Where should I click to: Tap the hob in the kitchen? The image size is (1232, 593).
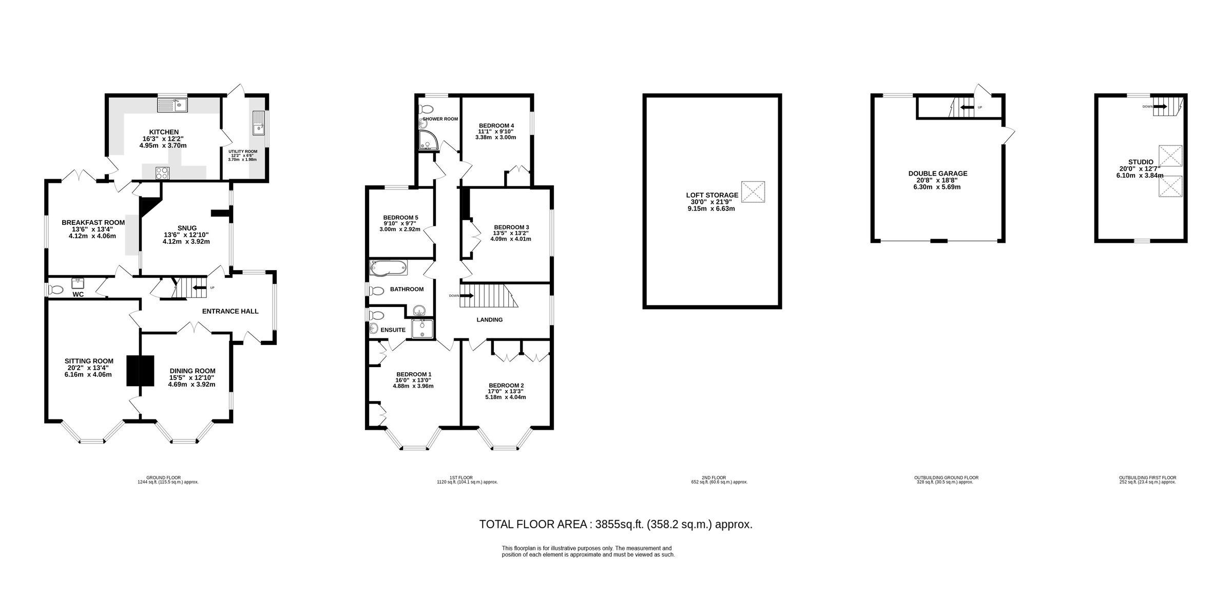[163, 173]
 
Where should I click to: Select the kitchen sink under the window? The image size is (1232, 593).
[173, 106]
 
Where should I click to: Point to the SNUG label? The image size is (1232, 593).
[187, 228]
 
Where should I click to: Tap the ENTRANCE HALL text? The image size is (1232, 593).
[230, 311]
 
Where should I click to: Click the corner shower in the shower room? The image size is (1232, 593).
[426, 140]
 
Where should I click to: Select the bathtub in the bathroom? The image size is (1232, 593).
[388, 267]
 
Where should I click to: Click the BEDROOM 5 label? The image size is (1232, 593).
[401, 217]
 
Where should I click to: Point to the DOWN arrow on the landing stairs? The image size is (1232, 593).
[467, 296]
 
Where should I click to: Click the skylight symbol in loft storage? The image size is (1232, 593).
[753, 192]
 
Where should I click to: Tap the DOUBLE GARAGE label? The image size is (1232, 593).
[937, 174]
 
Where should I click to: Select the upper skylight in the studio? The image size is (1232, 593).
[1171, 156]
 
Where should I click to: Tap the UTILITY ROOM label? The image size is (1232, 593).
[243, 151]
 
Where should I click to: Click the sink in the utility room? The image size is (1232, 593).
[258, 123]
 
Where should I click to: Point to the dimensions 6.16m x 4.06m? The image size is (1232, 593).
[88, 374]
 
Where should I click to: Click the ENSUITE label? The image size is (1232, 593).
[393, 330]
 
